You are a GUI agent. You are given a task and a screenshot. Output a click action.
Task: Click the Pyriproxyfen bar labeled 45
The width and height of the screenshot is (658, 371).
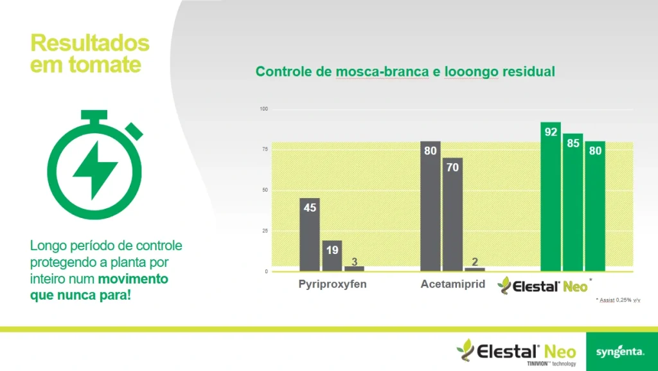click(310, 235)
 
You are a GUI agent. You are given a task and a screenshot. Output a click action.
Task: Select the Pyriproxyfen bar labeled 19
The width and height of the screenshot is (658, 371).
click(332, 256)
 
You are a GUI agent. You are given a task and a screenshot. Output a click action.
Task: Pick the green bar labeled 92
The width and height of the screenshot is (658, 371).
click(551, 197)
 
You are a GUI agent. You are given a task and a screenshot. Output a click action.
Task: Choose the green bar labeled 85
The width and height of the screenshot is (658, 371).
click(573, 203)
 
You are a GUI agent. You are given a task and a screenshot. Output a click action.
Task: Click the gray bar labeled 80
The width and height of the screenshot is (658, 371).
click(431, 206)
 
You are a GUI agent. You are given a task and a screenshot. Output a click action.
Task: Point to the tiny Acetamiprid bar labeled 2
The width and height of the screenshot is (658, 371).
click(475, 269)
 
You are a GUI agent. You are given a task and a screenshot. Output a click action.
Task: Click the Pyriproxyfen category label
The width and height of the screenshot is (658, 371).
click(332, 284)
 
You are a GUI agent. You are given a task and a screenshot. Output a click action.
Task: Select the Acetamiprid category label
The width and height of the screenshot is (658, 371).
click(453, 284)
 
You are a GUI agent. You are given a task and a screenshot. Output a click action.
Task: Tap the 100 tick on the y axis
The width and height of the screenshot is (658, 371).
click(263, 109)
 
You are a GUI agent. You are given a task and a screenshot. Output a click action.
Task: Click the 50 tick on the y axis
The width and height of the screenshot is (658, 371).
click(265, 190)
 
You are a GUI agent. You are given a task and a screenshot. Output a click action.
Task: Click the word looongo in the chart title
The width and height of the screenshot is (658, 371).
click(471, 71)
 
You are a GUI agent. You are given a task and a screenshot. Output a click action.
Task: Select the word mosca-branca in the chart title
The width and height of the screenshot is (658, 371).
click(382, 71)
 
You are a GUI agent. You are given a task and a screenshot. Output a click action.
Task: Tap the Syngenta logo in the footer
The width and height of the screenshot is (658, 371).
click(620, 352)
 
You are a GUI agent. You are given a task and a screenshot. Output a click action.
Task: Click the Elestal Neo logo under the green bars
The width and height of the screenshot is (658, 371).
click(544, 285)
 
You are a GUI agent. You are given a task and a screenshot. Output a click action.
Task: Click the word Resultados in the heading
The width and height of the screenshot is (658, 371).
click(90, 44)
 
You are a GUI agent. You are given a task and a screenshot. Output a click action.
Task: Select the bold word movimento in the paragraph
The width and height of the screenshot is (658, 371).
click(133, 280)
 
